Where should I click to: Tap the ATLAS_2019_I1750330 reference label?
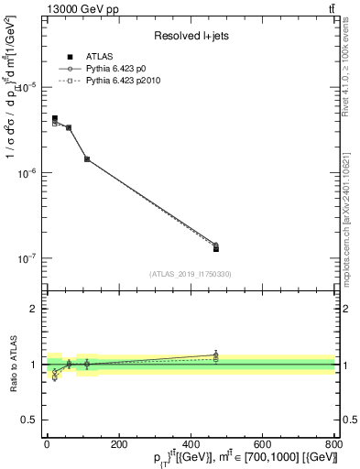[190, 273]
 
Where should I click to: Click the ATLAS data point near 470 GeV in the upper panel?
[215, 248]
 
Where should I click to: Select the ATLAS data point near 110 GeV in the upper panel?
[87, 159]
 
